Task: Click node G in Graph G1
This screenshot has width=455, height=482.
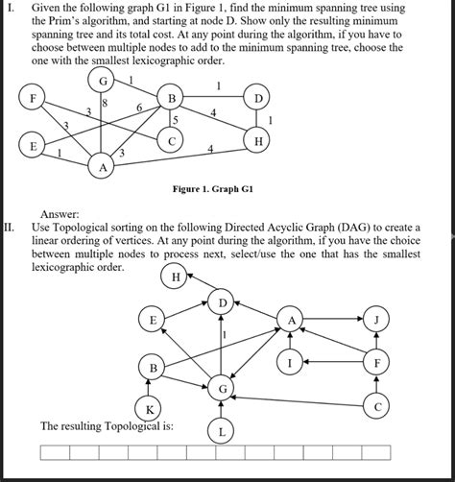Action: pos(102,81)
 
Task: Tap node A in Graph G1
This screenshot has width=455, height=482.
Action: pos(102,167)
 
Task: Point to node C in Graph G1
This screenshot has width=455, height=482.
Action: pos(172,141)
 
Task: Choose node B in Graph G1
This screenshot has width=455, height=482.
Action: pos(172,99)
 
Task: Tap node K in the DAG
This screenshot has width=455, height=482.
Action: pos(149,410)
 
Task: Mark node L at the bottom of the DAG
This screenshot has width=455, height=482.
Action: pos(222,432)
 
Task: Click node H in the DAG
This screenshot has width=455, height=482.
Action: pos(175,278)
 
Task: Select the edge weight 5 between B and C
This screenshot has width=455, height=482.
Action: pos(176,120)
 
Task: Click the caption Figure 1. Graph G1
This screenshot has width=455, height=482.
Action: pos(213,189)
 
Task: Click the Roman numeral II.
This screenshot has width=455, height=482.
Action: pos(9,228)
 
